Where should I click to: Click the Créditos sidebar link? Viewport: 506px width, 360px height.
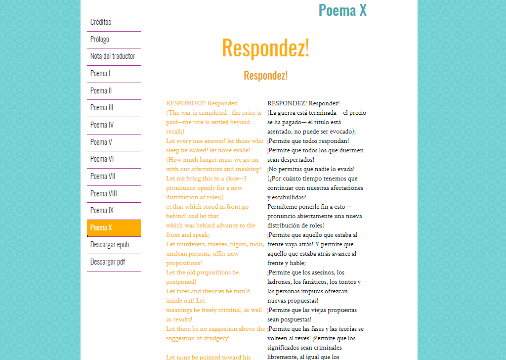(101, 22)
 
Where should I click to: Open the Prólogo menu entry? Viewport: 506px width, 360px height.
(100, 40)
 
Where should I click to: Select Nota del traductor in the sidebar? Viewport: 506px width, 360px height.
(113, 56)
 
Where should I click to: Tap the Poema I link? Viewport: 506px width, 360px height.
(100, 74)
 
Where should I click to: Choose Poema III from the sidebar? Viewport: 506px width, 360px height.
(102, 108)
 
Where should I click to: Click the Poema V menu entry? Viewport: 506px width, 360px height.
(101, 142)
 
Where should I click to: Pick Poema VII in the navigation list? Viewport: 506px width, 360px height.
(103, 177)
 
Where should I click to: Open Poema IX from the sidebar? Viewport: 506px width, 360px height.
(102, 211)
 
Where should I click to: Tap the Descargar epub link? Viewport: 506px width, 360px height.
(109, 245)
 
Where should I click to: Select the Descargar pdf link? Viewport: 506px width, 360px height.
(108, 262)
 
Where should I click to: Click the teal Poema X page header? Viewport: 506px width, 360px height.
(342, 10)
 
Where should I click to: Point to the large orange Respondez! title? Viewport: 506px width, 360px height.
(265, 48)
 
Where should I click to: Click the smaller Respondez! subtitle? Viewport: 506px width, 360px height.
(265, 76)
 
